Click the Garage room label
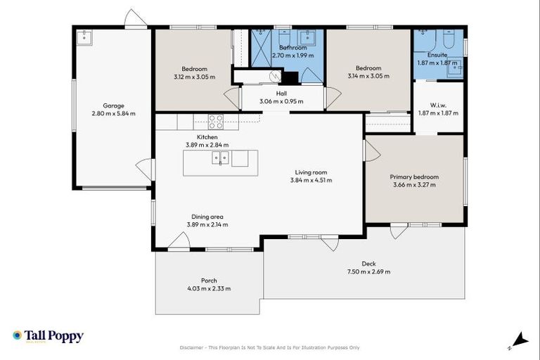tap(112, 105)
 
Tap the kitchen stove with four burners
tap(215, 121)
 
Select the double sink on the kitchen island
tap(220, 158)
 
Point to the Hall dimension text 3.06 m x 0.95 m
tap(281, 101)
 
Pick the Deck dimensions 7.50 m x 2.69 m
tap(368, 271)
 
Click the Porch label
tap(209, 281)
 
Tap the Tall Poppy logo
tap(48, 336)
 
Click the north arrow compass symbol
tap(519, 340)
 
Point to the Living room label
tap(311, 172)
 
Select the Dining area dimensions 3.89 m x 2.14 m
tap(207, 224)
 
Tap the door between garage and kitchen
tap(145, 169)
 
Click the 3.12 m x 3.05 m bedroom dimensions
tap(194, 76)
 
